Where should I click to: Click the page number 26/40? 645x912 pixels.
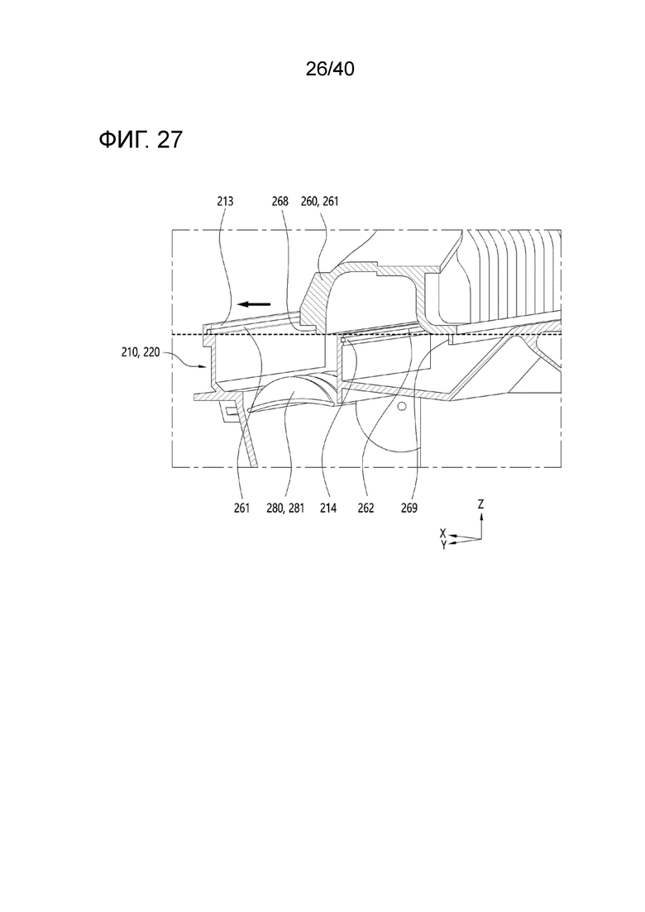pos(330,69)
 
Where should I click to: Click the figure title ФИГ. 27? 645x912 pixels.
pos(141,140)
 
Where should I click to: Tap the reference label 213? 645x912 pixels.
pos(224,202)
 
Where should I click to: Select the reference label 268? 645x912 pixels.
pos(279,202)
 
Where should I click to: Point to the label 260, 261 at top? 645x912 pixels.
pos(319,202)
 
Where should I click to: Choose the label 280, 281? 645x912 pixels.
pos(285,509)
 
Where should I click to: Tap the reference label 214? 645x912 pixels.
pos(328,509)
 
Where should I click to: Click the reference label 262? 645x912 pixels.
pos(365,509)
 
